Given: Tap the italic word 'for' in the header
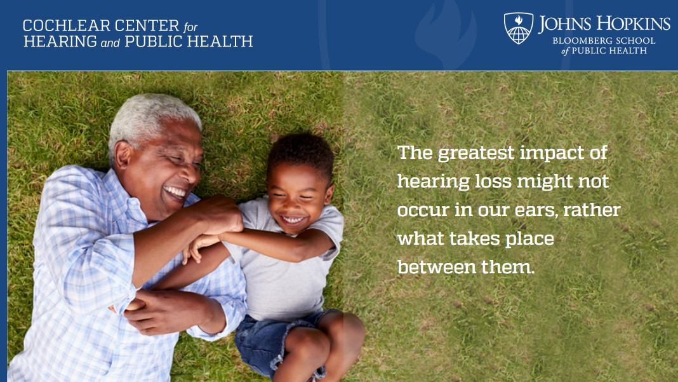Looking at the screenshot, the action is pyautogui.click(x=190, y=27).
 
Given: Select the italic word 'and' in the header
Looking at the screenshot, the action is pyautogui.click(x=110, y=43).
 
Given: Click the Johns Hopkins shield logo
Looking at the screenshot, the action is pyautogui.click(x=519, y=28).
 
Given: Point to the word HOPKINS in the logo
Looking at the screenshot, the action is pyautogui.click(x=634, y=24).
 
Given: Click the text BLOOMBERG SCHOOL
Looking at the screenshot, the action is pyautogui.click(x=604, y=41).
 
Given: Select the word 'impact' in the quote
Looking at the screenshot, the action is pyautogui.click(x=549, y=154).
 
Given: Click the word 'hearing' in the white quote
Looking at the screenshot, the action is pyautogui.click(x=433, y=182).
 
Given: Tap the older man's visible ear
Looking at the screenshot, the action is pyautogui.click(x=123, y=155).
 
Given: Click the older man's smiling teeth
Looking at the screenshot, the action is pyautogui.click(x=175, y=191).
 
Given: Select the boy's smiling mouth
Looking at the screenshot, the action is pyautogui.click(x=293, y=219).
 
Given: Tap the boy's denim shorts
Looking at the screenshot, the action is pyautogui.click(x=268, y=342).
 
